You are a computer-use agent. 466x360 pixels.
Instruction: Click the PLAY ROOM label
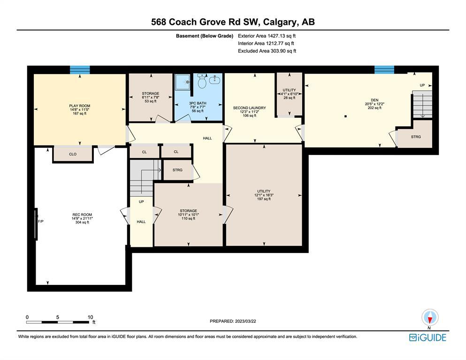pos(80,106)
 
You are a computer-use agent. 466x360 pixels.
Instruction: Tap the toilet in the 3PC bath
pos(202,82)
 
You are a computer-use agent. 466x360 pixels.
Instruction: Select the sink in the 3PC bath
pos(215,79)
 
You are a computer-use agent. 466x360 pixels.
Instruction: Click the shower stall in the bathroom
pos(183,82)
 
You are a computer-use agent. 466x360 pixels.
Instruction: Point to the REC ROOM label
pos(82,214)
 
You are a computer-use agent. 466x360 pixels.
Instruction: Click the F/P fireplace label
pos(41,222)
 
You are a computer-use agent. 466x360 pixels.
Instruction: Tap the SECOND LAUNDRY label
pos(249,108)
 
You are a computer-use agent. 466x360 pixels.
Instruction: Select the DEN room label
pos(374,100)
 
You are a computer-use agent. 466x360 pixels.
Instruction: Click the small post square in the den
pos(345,116)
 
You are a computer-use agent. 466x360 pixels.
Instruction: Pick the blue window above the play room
pos(80,69)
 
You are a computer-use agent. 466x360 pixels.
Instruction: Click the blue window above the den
pos(384,69)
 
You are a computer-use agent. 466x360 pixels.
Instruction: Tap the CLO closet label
pos(73,154)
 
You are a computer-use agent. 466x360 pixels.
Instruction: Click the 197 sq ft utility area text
pos(264,199)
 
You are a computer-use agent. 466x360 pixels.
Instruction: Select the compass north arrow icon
pos(430,318)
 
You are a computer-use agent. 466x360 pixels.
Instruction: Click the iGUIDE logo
pos(428,337)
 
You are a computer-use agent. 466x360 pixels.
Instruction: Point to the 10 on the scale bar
pos(91,317)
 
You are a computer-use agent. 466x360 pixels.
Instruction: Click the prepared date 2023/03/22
pos(245,321)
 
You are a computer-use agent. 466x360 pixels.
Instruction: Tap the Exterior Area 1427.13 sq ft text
pos(267,36)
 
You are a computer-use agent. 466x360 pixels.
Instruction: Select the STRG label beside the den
pos(416,137)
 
